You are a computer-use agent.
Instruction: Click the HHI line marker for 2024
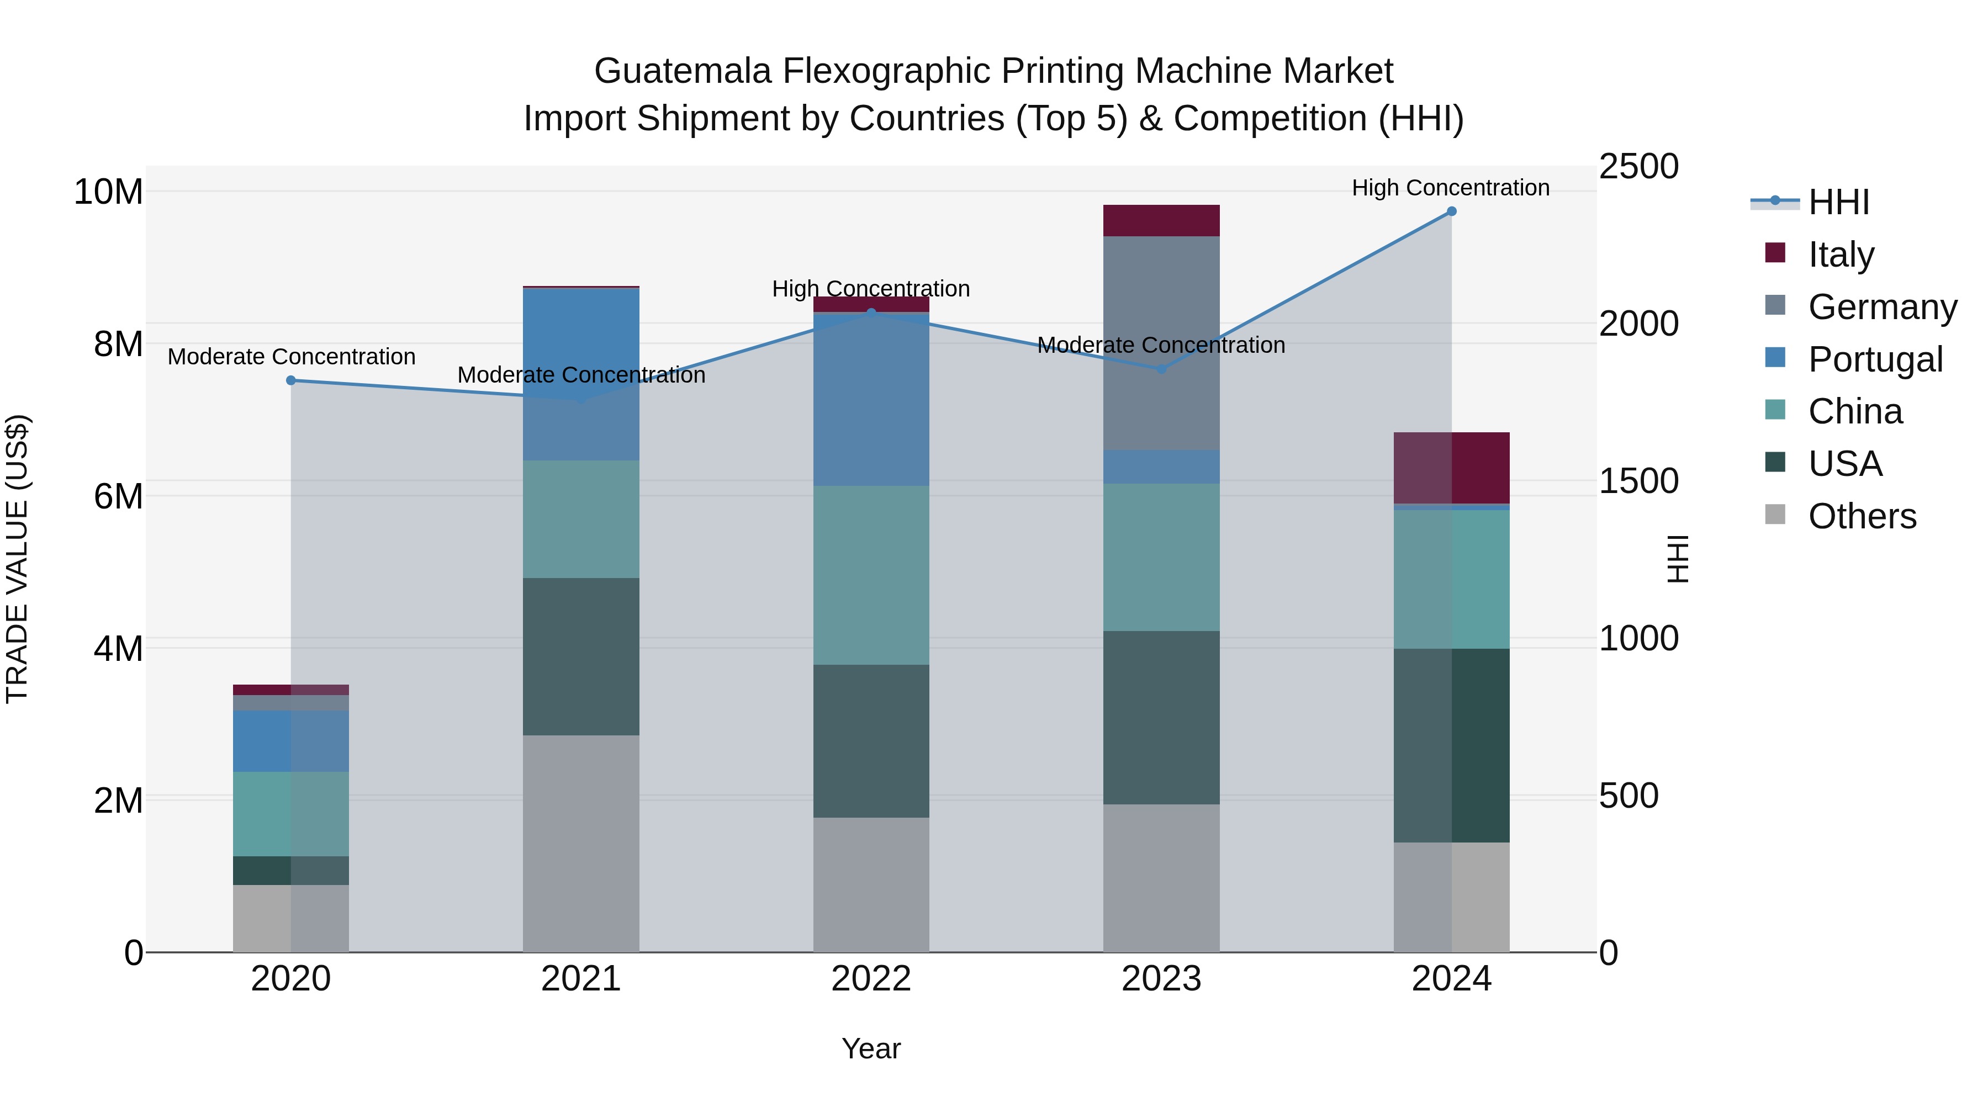click(x=1451, y=211)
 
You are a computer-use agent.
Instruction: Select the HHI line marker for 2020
click(x=291, y=380)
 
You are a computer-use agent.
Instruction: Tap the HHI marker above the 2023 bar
click(x=1161, y=369)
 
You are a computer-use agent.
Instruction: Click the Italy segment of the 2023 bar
click(x=1161, y=221)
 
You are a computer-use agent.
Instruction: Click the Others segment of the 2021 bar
click(x=580, y=843)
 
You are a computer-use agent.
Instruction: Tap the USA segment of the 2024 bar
click(x=1451, y=745)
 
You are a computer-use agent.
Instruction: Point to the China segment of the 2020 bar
click(x=291, y=813)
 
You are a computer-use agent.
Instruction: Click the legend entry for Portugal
click(x=1875, y=359)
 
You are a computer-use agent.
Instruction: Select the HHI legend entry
click(x=1838, y=202)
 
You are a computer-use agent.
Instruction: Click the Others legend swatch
click(x=1775, y=515)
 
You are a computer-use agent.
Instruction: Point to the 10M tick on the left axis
click(x=108, y=192)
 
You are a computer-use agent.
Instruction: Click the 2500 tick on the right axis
click(x=1638, y=167)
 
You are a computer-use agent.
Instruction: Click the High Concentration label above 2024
click(x=1450, y=188)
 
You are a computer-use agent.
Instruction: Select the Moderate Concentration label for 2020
click(x=291, y=357)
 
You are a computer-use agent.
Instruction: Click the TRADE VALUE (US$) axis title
click(x=17, y=559)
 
